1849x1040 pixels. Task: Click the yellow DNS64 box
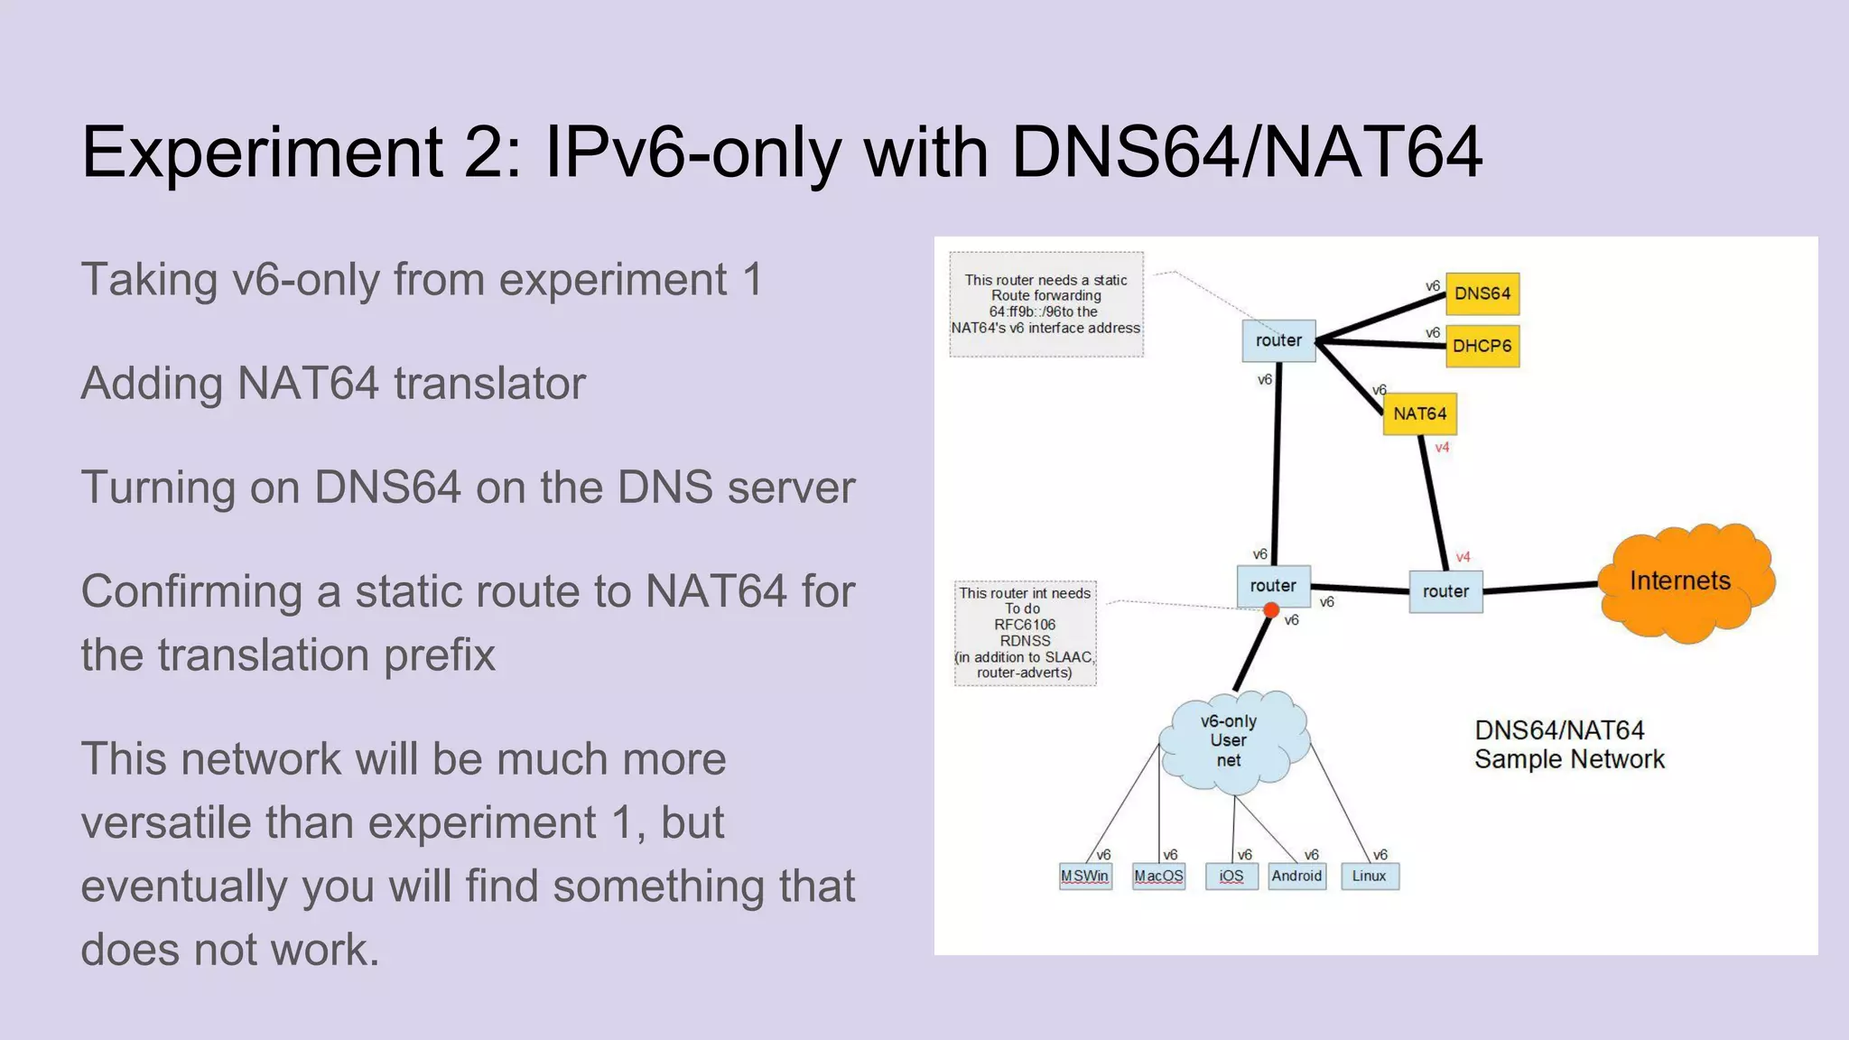(1482, 293)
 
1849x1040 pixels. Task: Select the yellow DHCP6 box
(1482, 346)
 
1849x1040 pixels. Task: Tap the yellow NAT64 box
(1419, 413)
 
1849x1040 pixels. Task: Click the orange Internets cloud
(1681, 581)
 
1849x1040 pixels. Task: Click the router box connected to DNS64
(1278, 340)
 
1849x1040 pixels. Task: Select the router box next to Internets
(1445, 591)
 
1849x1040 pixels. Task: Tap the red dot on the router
(1271, 611)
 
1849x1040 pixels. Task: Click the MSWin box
(1084, 876)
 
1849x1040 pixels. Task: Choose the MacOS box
(1158, 876)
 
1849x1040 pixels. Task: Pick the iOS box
(1231, 876)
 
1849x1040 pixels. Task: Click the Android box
(1296, 876)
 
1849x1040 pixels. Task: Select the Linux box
(1369, 876)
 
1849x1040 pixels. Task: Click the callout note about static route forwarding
(1045, 304)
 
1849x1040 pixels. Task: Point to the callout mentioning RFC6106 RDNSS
(1025, 633)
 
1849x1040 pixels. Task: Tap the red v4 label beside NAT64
(1442, 448)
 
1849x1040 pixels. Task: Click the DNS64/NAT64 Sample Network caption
(1569, 745)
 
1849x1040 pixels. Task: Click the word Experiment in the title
(263, 152)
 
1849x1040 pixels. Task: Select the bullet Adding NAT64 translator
(333, 383)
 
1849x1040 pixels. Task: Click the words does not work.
(230, 950)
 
